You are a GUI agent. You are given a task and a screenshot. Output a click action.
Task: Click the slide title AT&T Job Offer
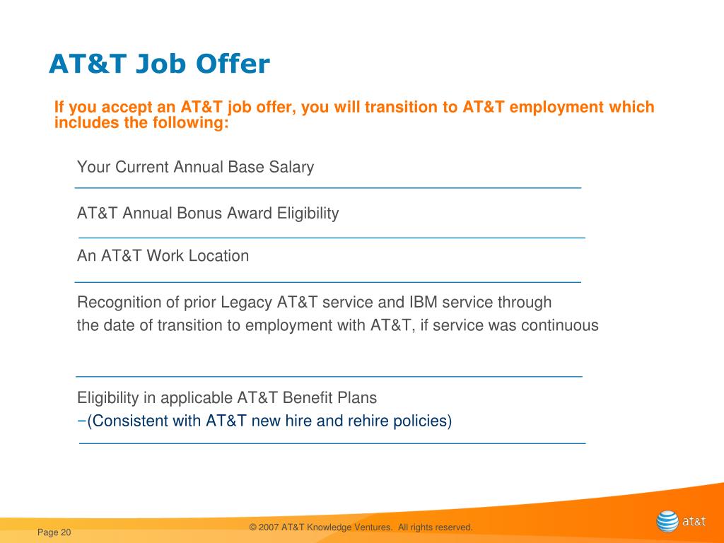coord(159,65)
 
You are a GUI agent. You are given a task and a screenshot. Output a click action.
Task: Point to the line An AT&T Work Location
coord(163,256)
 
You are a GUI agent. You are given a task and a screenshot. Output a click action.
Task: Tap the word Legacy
coord(246,303)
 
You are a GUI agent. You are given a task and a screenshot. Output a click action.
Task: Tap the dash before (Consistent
coord(81,421)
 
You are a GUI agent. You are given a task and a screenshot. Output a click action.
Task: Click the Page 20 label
coord(54,532)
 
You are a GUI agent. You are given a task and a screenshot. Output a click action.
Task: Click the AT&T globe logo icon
coord(667,522)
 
